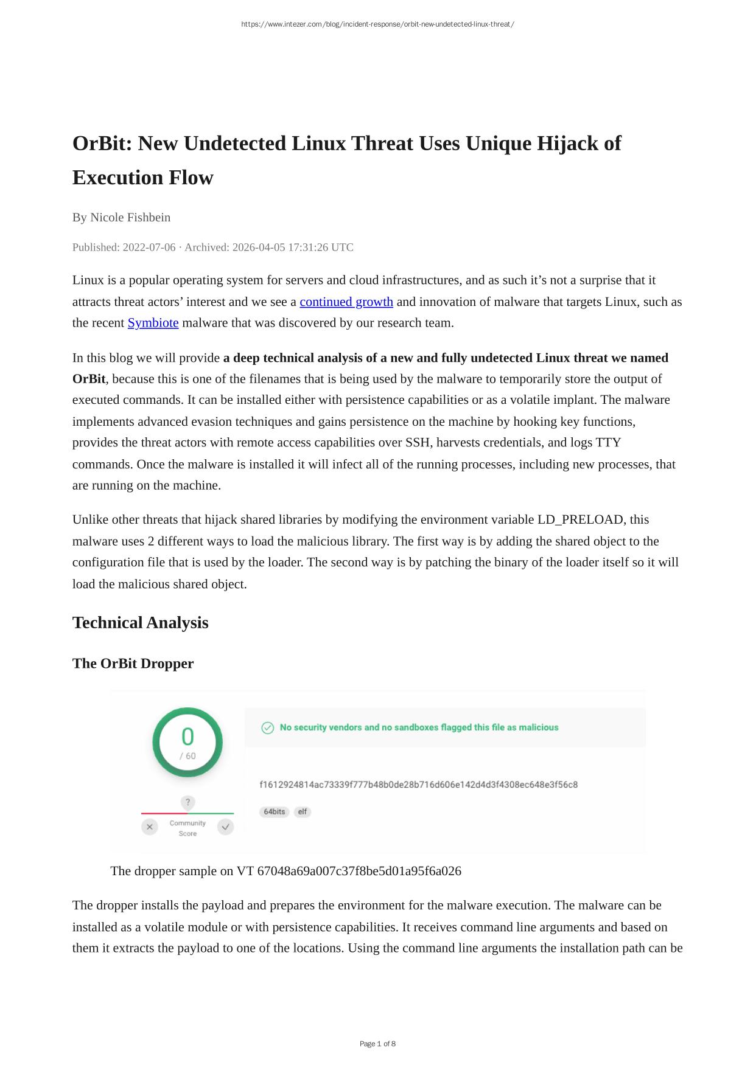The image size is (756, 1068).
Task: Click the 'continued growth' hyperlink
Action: click(346, 302)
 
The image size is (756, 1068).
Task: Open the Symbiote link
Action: click(153, 323)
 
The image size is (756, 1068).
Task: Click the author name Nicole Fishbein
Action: click(130, 217)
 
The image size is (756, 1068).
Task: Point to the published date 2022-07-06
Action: click(149, 248)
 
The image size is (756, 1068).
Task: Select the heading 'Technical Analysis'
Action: click(140, 623)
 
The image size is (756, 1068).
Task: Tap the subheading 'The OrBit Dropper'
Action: click(133, 664)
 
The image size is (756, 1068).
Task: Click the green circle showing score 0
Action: click(187, 742)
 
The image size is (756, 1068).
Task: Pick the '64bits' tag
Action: click(275, 812)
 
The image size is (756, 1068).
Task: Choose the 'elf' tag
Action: click(303, 812)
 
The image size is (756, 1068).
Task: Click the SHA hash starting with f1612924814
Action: click(418, 785)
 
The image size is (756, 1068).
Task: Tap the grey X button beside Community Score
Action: click(150, 827)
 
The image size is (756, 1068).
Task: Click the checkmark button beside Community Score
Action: click(226, 827)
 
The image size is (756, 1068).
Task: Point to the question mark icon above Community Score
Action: click(187, 802)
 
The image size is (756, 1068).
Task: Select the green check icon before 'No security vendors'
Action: click(267, 728)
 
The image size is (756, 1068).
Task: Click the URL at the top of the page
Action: click(377, 24)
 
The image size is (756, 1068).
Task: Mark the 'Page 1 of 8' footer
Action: click(377, 1044)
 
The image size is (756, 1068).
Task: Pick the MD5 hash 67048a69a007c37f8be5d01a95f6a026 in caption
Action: click(359, 871)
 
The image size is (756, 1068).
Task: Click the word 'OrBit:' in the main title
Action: click(103, 144)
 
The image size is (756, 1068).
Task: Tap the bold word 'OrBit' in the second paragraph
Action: click(89, 379)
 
